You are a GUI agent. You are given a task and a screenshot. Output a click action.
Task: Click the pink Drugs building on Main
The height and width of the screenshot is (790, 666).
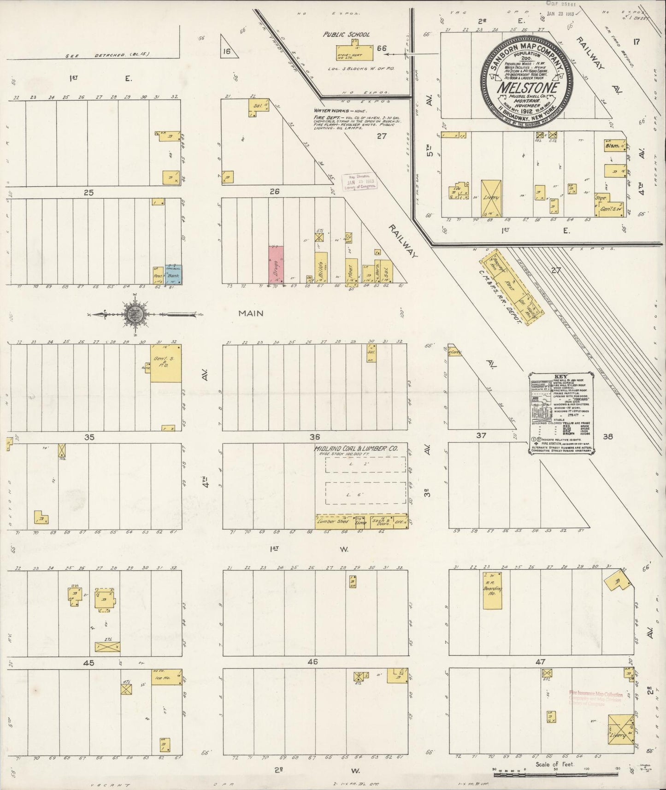[276, 264]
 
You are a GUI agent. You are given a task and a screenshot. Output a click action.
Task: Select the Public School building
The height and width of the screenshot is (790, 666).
[354, 52]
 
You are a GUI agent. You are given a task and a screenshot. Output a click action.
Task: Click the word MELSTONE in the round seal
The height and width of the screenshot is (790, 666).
[528, 88]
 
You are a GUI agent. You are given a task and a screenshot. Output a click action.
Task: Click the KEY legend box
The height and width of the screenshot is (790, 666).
[562, 413]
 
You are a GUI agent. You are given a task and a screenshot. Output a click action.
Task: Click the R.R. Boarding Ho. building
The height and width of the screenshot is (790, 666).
[492, 590]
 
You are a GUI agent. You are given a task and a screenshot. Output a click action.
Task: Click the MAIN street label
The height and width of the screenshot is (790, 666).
[251, 313]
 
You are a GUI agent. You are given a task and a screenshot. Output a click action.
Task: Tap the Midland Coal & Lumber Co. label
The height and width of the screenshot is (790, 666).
[355, 448]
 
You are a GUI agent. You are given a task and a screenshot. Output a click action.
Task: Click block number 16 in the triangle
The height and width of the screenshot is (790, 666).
[226, 51]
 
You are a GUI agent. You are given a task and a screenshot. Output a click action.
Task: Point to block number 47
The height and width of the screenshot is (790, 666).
[540, 662]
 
